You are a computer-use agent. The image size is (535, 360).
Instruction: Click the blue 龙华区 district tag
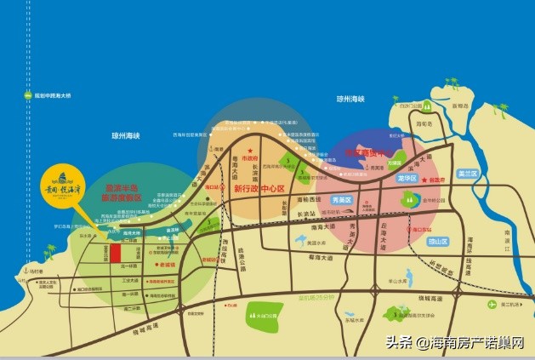(406, 180)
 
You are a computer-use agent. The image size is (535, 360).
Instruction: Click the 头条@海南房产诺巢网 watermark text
(456, 342)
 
